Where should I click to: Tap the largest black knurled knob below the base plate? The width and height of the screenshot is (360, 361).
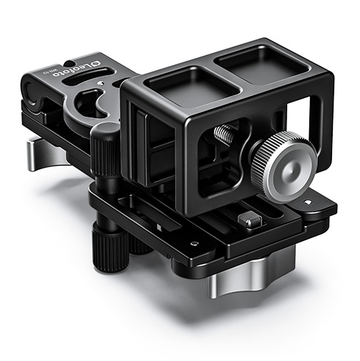[107, 249]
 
